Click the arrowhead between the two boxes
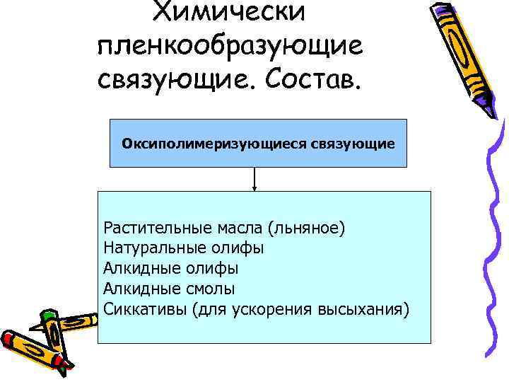pyautogui.click(x=255, y=187)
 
